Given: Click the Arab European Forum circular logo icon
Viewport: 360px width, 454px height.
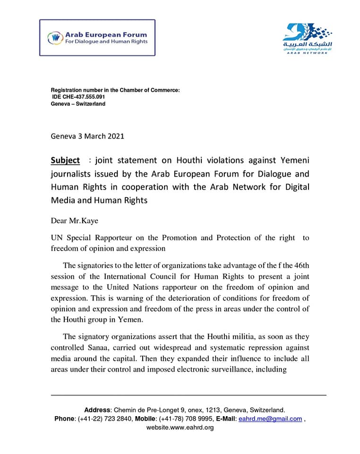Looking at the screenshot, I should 55,37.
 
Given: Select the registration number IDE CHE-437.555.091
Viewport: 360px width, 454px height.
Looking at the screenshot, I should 79,97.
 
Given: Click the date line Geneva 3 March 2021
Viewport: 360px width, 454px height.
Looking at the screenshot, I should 87,136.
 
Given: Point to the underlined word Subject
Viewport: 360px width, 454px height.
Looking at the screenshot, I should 65,160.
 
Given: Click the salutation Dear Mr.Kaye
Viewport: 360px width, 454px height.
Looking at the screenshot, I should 75,221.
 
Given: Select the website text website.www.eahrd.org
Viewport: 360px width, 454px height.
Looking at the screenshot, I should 180,428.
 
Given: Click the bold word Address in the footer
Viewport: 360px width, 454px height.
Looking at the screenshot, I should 97,410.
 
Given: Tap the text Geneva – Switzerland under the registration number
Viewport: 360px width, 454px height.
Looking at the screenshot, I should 78,104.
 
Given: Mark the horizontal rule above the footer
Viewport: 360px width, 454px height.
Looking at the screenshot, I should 189,394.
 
